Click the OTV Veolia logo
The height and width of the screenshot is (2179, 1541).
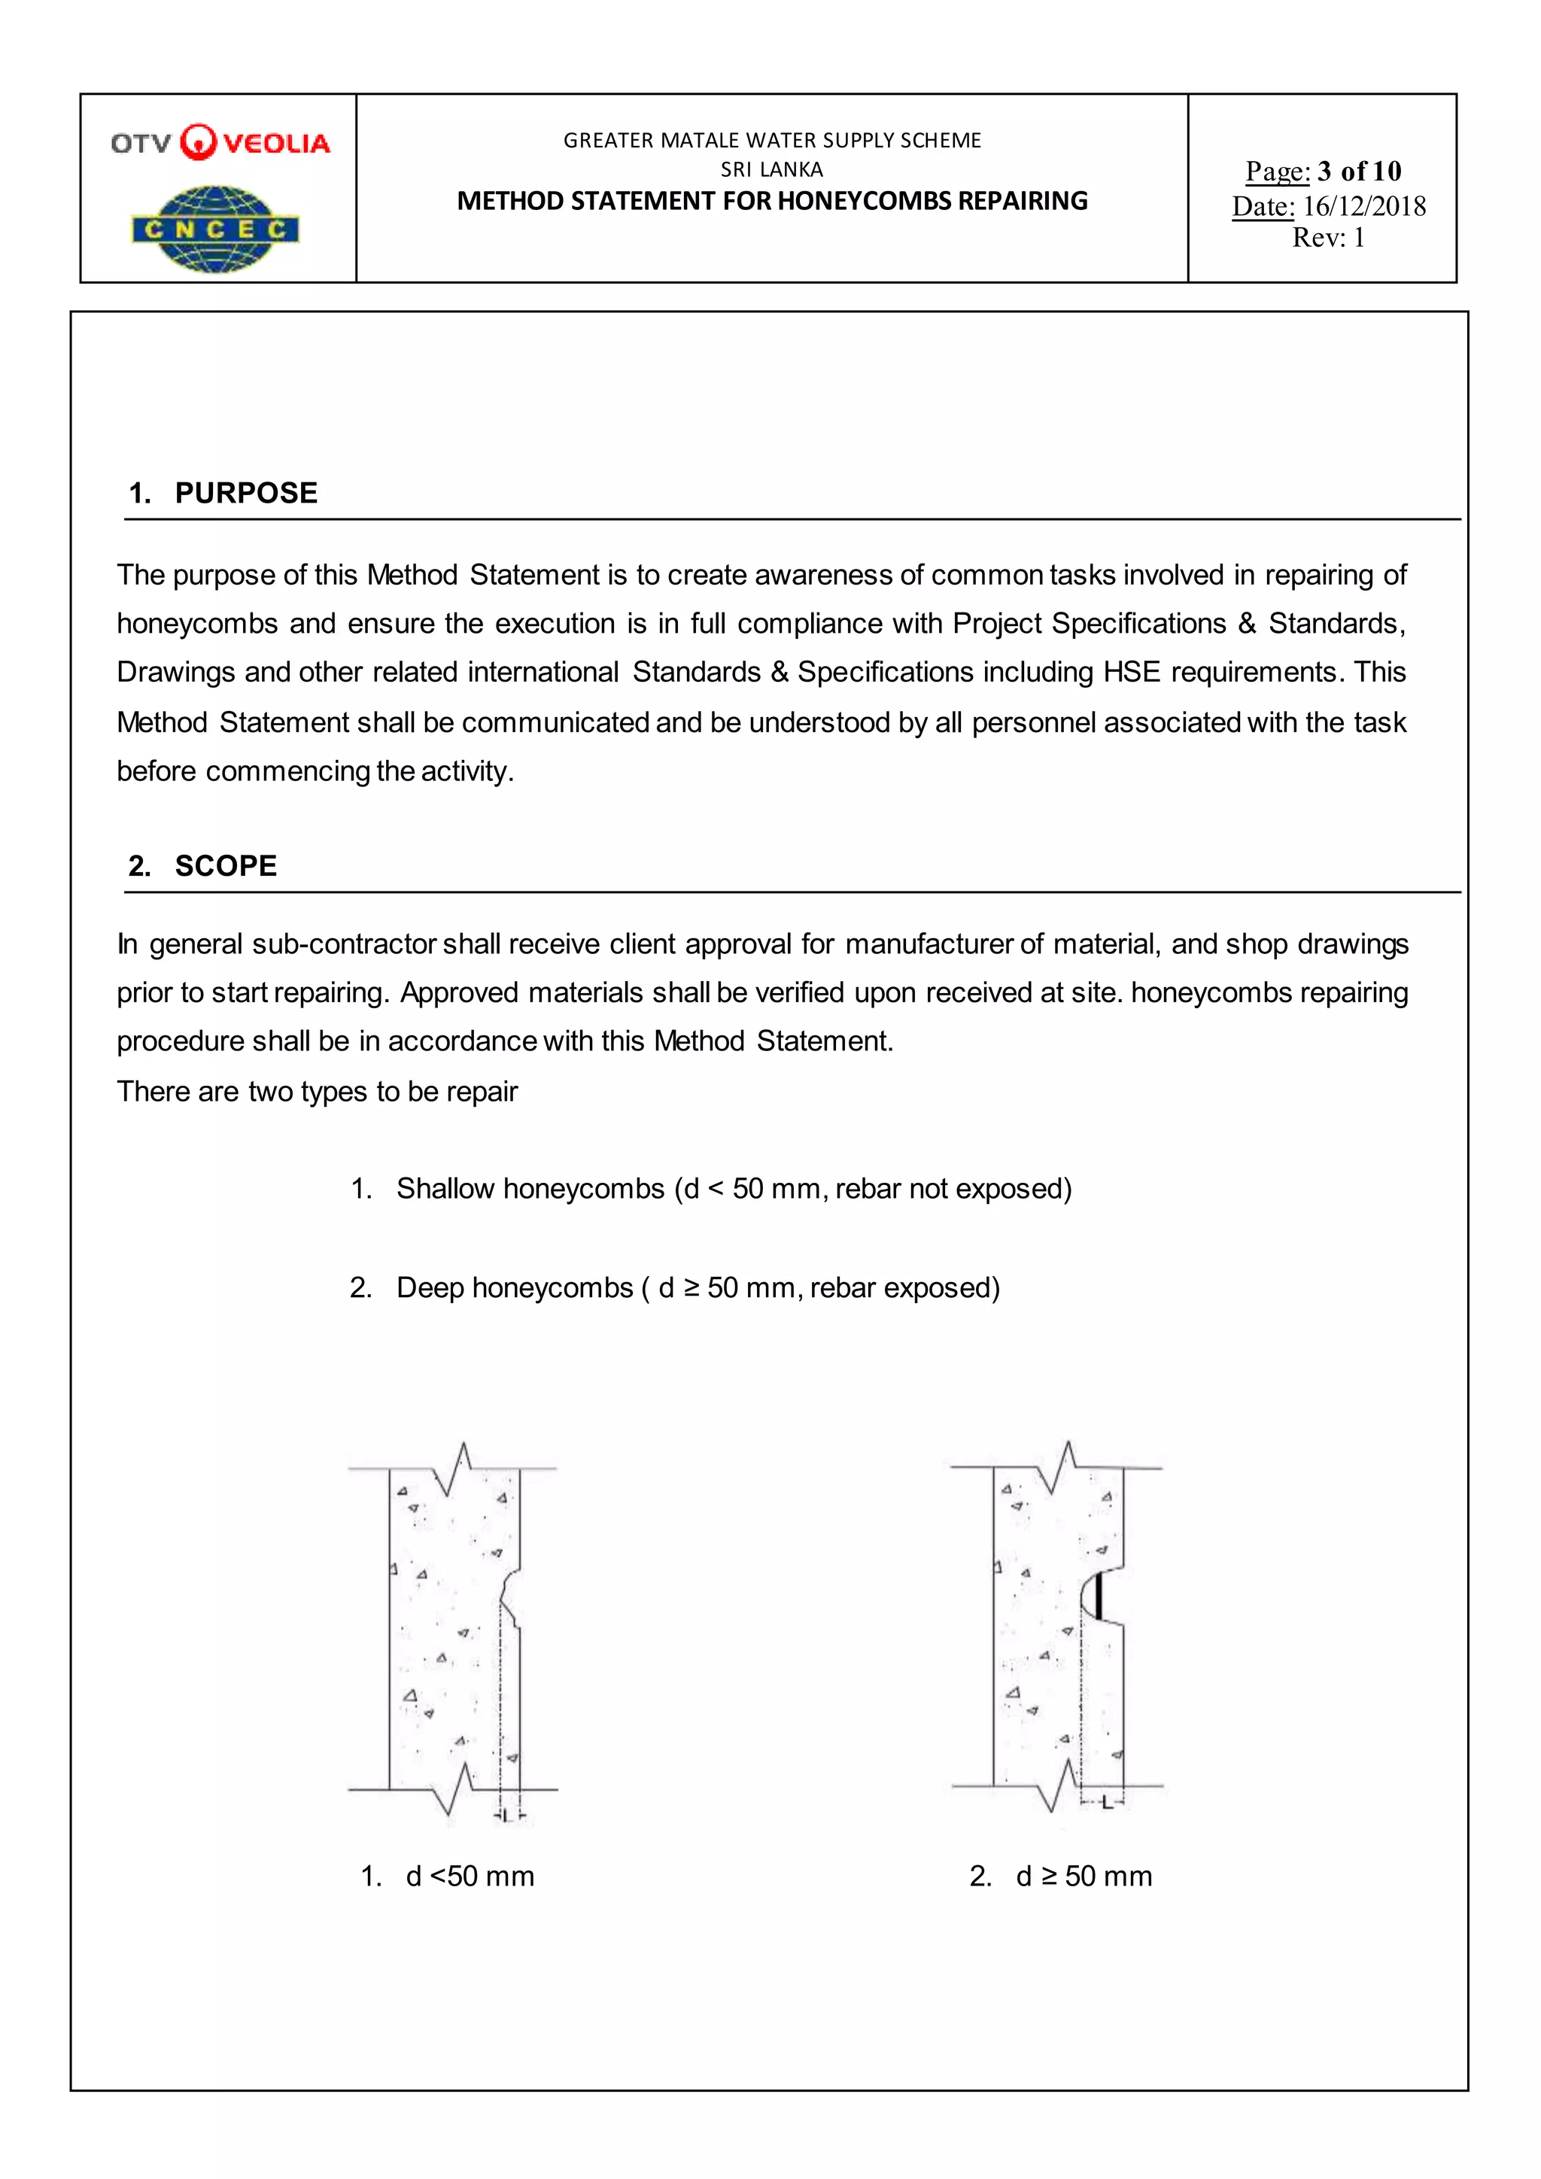click(220, 142)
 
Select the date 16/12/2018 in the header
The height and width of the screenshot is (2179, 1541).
click(1363, 206)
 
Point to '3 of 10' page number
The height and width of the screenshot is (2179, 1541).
click(1359, 171)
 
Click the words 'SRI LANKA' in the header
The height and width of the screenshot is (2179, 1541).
click(771, 170)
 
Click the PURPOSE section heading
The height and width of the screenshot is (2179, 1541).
click(246, 493)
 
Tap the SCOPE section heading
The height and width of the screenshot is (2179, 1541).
click(226, 865)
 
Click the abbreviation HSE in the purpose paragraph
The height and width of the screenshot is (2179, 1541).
click(1131, 672)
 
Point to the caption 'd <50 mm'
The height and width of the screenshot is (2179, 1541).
click(470, 1877)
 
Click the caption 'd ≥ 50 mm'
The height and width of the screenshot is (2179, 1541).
click(1084, 1877)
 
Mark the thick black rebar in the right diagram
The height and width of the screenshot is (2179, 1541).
click(1098, 1595)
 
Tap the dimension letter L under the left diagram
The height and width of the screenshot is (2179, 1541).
click(508, 1816)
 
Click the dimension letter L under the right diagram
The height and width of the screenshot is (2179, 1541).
click(1105, 1801)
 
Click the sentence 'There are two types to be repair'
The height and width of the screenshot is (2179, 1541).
click(317, 1092)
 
